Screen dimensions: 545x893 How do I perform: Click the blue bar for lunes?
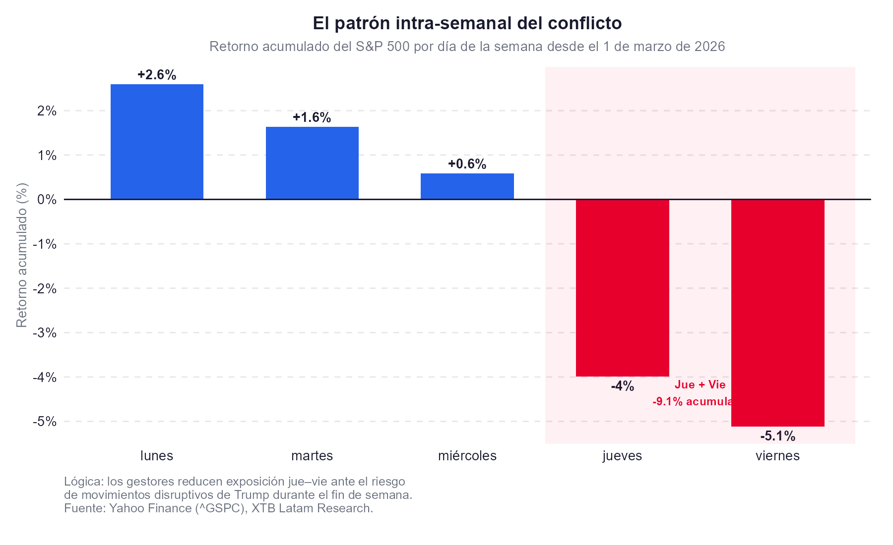[x=157, y=142]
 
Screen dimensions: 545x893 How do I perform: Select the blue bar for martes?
[x=312, y=163]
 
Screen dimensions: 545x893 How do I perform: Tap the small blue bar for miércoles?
[x=467, y=186]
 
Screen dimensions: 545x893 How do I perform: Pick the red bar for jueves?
[x=622, y=287]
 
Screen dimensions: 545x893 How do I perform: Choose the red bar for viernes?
[x=777, y=312]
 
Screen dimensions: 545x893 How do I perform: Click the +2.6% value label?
[x=157, y=75]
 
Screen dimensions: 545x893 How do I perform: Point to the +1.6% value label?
[x=312, y=117]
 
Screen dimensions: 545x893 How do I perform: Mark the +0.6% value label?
[x=467, y=164]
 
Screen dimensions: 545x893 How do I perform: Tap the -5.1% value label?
[x=777, y=436]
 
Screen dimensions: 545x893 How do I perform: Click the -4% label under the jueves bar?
[x=622, y=386]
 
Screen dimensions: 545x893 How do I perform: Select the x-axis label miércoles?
[x=467, y=456]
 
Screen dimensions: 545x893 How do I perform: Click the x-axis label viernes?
[x=777, y=456]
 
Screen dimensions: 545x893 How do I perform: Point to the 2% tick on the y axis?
[x=47, y=111]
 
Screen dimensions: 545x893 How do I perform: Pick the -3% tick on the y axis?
[x=45, y=332]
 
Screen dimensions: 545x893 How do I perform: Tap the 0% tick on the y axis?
[x=47, y=200]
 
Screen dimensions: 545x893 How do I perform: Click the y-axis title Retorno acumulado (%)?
[x=22, y=255]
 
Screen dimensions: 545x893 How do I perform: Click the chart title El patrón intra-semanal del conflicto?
[x=467, y=23]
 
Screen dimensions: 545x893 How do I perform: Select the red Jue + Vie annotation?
[x=700, y=385]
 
